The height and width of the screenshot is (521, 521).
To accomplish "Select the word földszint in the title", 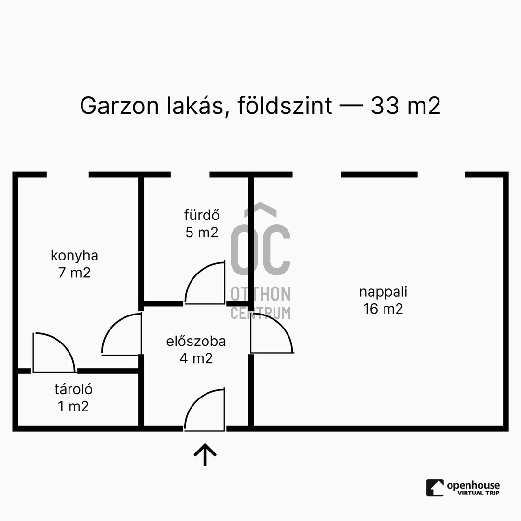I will [284, 106].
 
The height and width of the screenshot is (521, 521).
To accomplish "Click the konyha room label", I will [74, 255].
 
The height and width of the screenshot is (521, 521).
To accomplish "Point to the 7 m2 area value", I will [74, 273].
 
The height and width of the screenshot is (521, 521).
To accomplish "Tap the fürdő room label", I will [202, 215].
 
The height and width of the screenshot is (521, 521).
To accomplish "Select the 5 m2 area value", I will [202, 232].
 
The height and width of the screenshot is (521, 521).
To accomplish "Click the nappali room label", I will [383, 291].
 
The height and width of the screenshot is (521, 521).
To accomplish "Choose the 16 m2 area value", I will [383, 309].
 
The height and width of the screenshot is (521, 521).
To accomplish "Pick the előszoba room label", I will [196, 341].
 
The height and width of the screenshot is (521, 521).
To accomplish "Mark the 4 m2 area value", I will [196, 358].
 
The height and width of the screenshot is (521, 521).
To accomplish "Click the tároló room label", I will [73, 388].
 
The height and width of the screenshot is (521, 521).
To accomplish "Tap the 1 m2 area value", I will [73, 406].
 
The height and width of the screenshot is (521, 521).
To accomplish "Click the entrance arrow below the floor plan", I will [205, 454].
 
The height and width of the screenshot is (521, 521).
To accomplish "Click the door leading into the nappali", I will [271, 333].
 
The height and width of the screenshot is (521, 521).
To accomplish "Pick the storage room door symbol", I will [54, 353].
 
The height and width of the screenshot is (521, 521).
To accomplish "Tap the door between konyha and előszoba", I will [122, 334].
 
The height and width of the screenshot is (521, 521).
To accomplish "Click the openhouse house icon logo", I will [435, 487].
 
